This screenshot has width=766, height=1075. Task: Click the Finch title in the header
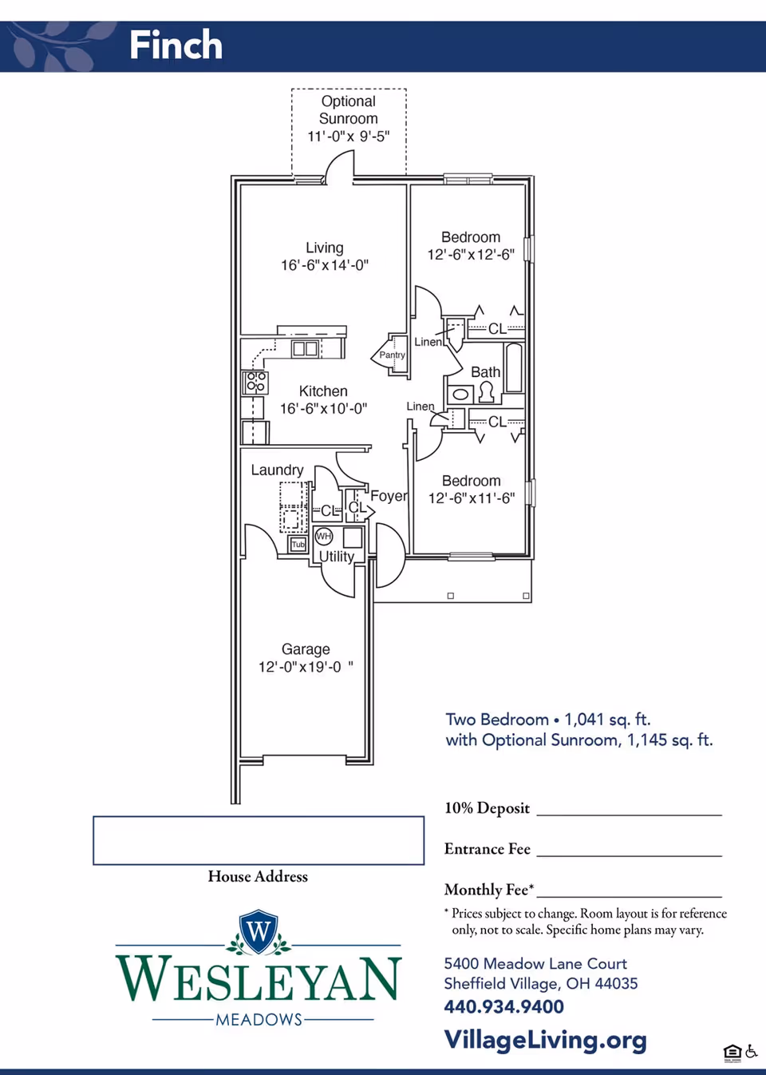[x=176, y=45]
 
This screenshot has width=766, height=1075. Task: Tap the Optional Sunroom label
[x=349, y=110]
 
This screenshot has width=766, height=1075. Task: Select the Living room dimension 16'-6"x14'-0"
[x=325, y=265]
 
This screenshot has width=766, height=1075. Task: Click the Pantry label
[x=392, y=355]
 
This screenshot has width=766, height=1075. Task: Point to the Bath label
[x=486, y=372]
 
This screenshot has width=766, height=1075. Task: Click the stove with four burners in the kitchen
[x=255, y=383]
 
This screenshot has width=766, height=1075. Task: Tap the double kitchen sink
[x=305, y=348]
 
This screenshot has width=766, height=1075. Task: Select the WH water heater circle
[x=324, y=536]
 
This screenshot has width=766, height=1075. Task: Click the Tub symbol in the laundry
[x=298, y=545]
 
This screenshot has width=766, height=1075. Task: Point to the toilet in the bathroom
[x=487, y=392]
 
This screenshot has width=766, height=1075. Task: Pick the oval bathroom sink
[x=460, y=395]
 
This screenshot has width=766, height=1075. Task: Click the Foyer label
[x=389, y=496]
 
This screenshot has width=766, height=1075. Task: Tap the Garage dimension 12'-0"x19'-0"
[x=306, y=667]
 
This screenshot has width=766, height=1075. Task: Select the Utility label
[x=337, y=556]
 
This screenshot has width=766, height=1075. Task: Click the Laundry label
[x=277, y=470]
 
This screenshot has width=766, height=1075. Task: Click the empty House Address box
[x=259, y=840]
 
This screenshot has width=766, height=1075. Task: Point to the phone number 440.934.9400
[x=503, y=1006]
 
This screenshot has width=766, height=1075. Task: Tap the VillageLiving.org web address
[x=546, y=1040]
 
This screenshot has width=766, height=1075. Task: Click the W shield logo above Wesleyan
[x=259, y=931]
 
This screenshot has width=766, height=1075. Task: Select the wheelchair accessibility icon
[x=751, y=1052]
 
